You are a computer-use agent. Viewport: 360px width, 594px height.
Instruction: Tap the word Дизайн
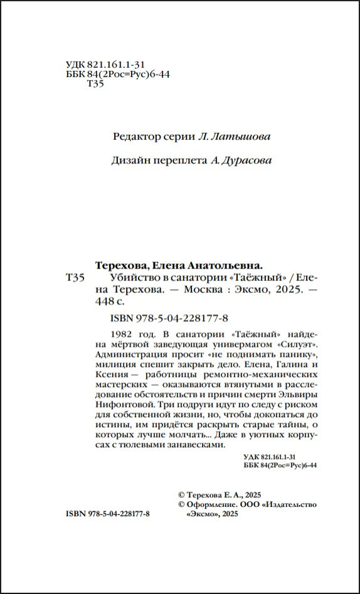click(x=130, y=161)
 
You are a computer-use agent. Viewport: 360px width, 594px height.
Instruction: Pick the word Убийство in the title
click(x=130, y=277)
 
